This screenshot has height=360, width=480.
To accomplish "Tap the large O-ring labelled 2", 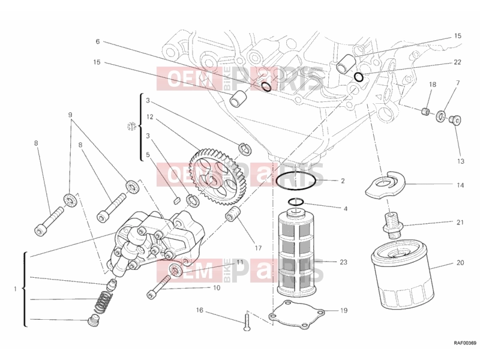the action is [x=296, y=181].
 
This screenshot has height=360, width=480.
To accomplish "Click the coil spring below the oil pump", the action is [x=102, y=302].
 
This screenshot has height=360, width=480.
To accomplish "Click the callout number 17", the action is [x=258, y=248].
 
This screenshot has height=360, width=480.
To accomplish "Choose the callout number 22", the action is [x=457, y=62].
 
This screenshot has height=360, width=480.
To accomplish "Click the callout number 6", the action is [x=98, y=41].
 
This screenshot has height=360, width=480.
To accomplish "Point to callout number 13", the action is [x=460, y=161].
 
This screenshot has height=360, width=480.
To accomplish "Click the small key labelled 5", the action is [x=176, y=200].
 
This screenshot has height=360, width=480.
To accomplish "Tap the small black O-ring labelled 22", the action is [x=359, y=77].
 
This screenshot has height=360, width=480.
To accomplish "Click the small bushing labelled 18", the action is [x=425, y=112].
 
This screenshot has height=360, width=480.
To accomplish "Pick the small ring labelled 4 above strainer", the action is [x=296, y=202].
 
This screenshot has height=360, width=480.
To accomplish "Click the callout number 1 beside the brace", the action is [x=15, y=289].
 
